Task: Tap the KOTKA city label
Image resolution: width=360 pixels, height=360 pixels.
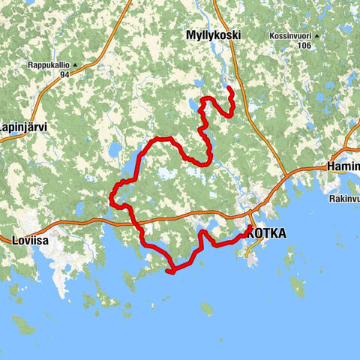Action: [265, 233]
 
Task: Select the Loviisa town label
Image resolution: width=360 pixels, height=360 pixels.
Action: [31, 241]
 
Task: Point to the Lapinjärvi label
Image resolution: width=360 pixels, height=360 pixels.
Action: [24, 127]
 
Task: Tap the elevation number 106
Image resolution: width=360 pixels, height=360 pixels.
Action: [303, 46]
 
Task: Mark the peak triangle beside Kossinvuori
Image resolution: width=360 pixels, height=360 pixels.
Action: [318, 36]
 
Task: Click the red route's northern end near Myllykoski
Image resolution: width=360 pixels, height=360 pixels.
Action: [228, 89]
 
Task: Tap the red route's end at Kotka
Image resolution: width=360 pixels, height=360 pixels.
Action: [250, 226]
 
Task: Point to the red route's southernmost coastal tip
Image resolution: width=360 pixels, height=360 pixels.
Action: [172, 271]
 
